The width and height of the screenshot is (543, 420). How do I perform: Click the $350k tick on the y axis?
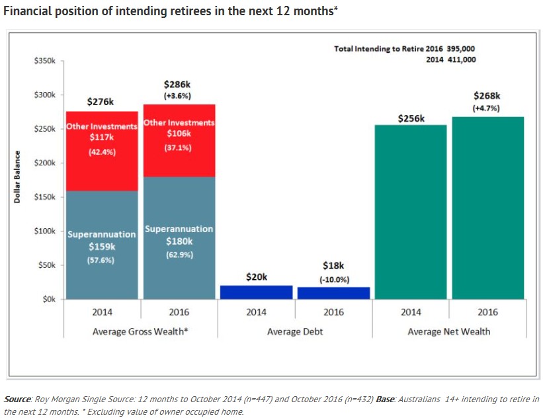(x=45, y=61)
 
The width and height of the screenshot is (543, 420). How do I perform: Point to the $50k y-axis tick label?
(x=46, y=265)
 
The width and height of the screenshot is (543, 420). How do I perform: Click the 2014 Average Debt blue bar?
(x=256, y=292)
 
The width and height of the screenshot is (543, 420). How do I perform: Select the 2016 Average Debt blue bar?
(x=333, y=292)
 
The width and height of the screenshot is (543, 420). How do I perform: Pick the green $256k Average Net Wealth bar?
(x=411, y=212)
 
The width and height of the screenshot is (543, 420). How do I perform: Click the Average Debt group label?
(x=295, y=331)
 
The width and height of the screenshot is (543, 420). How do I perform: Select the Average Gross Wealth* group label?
(x=140, y=331)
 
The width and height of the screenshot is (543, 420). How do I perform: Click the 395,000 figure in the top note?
(x=461, y=49)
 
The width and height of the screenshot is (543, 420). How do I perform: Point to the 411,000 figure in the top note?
(x=461, y=60)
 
